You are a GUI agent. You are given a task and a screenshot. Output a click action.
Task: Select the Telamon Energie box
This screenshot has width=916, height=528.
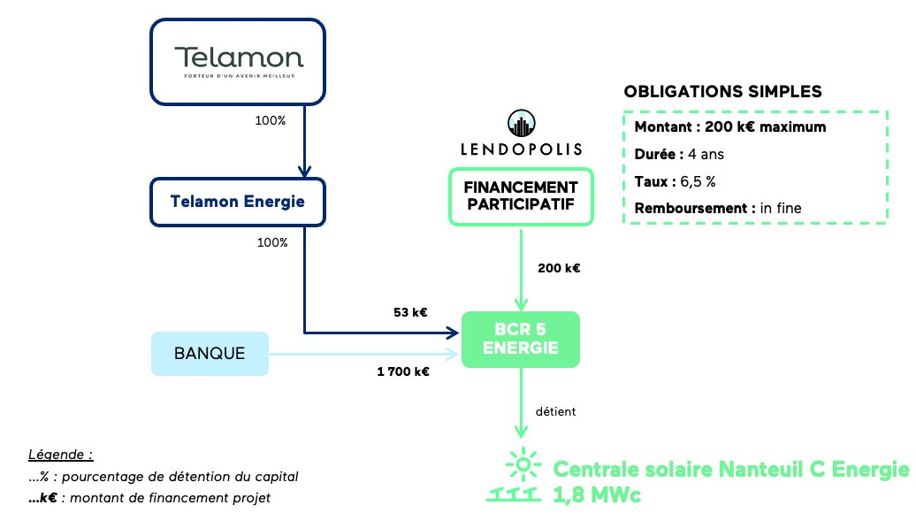(238, 202)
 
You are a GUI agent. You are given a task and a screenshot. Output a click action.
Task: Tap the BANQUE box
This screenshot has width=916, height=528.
(210, 354)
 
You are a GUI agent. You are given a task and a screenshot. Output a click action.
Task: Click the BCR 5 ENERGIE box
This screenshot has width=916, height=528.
(521, 339)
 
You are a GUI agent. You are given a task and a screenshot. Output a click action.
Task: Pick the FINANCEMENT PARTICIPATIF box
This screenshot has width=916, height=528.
(521, 196)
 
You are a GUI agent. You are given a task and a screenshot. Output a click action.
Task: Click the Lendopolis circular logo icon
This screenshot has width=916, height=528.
(521, 123)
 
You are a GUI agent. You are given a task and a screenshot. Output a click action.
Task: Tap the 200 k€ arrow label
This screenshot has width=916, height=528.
(558, 268)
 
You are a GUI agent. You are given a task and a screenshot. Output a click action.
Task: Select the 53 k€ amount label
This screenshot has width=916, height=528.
(410, 312)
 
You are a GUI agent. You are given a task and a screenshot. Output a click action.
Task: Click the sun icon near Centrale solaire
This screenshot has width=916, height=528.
(523, 463)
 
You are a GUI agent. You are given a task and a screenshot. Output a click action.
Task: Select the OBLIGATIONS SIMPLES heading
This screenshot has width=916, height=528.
(722, 92)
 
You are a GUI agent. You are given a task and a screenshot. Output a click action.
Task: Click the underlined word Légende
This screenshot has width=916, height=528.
(61, 455)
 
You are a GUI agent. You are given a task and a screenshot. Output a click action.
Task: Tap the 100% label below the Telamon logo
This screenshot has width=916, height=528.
(271, 120)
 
